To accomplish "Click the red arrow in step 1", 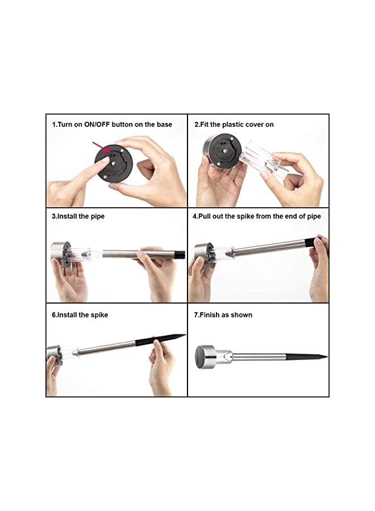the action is (x=101, y=147).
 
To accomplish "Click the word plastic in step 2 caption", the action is (x=233, y=124).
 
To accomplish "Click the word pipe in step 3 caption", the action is (x=98, y=217).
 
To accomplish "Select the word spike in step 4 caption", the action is (x=245, y=216).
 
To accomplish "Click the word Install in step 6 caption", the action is (x=67, y=315).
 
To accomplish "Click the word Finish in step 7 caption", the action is (x=209, y=315).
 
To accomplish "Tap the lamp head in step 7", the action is (x=205, y=357).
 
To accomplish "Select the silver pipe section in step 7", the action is (x=260, y=357).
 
